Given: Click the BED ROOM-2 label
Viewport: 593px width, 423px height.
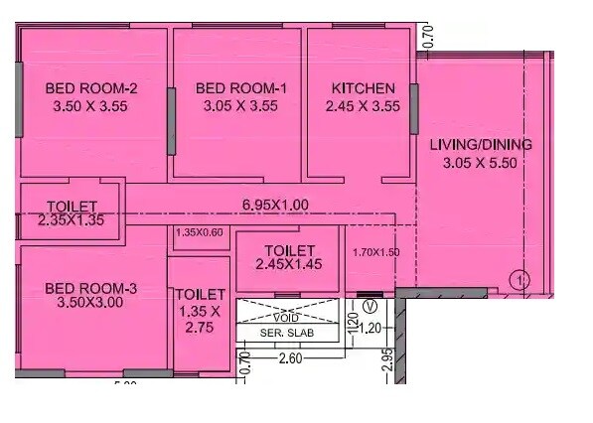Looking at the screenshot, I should [91, 88].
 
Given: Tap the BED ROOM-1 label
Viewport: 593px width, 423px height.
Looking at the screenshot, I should [241, 88].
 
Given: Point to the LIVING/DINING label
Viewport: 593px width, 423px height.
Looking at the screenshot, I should [480, 145].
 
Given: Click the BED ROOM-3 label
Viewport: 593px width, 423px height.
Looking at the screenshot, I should [91, 289].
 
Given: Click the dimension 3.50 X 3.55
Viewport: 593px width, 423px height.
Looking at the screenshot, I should [91, 105].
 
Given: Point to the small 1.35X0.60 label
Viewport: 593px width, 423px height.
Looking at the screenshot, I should [200, 233].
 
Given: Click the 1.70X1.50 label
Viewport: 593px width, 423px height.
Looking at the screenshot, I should [375, 252].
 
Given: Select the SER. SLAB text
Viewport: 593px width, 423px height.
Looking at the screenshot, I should [286, 334].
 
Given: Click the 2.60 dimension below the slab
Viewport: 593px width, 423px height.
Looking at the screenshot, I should [290, 357].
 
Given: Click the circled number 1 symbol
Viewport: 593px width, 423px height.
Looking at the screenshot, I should [518, 281].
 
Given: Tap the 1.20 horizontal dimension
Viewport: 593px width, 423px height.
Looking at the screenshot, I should [371, 327].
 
